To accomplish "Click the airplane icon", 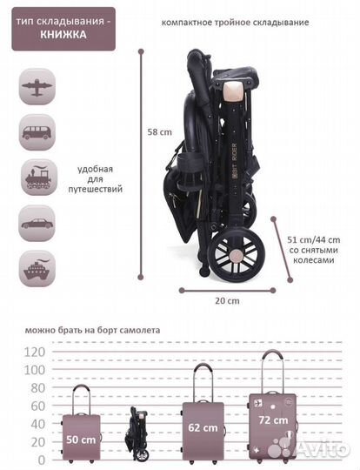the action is tap(37, 87).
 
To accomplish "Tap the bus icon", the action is tap(37, 132).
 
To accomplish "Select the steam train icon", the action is tap(38, 178).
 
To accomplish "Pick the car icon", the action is tap(37, 224).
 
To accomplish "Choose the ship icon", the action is tap(37, 269).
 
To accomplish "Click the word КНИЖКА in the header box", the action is tap(63, 35).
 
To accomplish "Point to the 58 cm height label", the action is tap(160, 132).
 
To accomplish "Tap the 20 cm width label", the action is tap(227, 301).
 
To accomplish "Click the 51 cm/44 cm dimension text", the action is tap(314, 240).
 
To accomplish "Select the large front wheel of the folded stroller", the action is tap(236, 254).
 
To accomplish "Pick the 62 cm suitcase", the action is tap(203, 413).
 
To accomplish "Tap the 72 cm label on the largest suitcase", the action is tap(273, 420).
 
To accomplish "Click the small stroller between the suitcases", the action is tap(138, 433).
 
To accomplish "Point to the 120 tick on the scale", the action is tap(35, 352).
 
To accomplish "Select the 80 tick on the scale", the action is tap(38, 388).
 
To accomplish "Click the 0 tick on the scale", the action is tap(42, 460).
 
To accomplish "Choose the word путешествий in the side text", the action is tap(96, 190).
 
